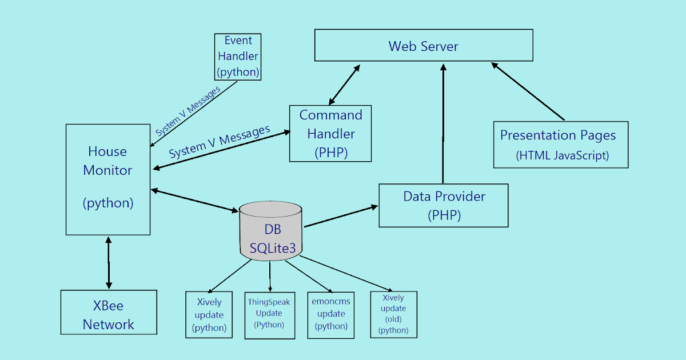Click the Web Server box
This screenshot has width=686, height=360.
(x=423, y=46)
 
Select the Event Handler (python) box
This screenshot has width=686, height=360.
(x=237, y=57)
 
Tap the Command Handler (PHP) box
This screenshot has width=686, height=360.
(x=330, y=133)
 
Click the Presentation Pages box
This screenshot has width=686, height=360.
(x=560, y=145)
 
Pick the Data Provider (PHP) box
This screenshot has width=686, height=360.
(x=444, y=205)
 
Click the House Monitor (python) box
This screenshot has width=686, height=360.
(x=108, y=179)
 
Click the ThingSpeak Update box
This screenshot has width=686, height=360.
(x=269, y=314)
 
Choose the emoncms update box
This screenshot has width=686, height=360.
(x=331, y=314)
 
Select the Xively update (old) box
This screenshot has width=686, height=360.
(x=393, y=314)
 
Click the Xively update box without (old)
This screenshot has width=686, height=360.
(x=209, y=314)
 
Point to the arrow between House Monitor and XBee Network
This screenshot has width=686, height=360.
(x=108, y=262)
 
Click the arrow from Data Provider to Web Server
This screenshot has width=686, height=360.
(x=442, y=123)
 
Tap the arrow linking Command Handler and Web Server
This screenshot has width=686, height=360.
(x=344, y=85)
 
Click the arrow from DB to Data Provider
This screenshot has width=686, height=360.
(x=341, y=217)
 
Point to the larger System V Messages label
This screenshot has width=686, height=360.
(x=220, y=142)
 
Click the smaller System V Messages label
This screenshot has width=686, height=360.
(x=188, y=111)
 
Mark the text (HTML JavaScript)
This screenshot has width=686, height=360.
(x=562, y=155)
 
